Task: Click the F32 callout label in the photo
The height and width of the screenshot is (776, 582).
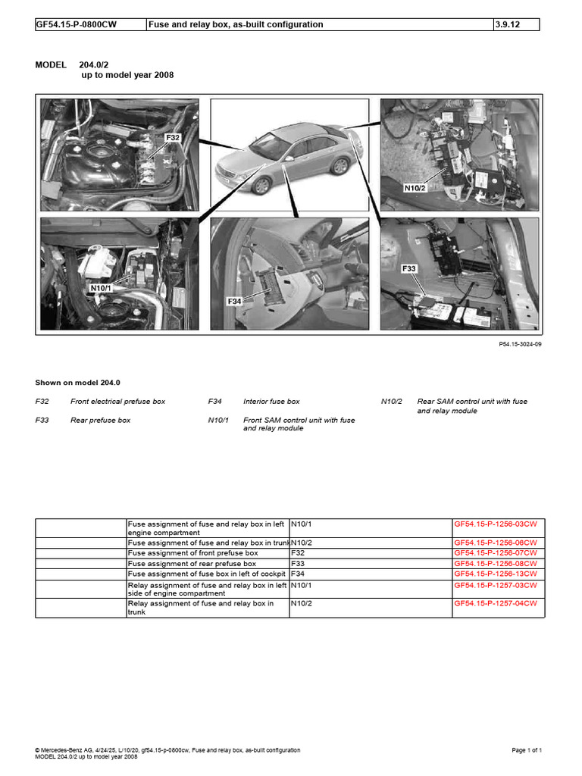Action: pos(174,138)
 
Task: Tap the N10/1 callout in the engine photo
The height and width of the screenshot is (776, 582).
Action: pos(101,288)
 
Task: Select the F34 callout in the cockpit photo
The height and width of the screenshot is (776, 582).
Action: pos(234,301)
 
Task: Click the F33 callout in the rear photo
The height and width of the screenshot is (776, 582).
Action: pos(409,268)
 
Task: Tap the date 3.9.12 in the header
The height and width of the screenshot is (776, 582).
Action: pos(507,24)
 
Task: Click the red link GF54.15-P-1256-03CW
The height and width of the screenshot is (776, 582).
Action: pos(496,524)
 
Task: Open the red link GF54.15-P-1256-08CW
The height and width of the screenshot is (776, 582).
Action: pos(496,564)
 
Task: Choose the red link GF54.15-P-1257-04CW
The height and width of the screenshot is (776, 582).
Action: pos(496,603)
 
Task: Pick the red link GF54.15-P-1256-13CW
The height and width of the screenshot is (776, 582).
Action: pos(496,574)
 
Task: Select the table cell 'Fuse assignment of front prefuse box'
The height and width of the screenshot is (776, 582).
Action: pos(192,553)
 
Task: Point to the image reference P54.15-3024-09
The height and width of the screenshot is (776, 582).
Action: pos(520,343)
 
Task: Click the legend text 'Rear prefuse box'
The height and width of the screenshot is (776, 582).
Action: pos(100,420)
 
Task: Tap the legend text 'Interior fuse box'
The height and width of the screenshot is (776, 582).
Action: pos(271,401)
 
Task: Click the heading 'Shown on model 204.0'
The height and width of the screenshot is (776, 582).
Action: pos(78,383)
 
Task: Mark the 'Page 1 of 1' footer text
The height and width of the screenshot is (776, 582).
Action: pos(527,750)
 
